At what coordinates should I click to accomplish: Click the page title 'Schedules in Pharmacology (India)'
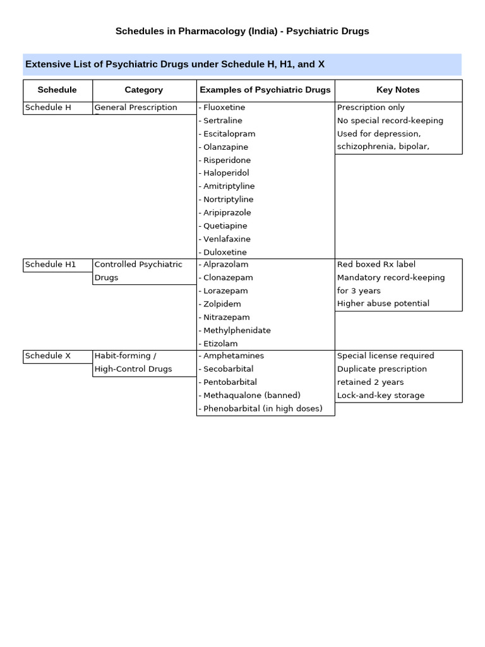242,31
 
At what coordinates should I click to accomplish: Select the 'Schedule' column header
57,90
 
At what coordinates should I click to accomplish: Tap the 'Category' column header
144,90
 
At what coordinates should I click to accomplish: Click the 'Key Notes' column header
398,90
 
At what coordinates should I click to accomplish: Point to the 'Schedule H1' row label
51,265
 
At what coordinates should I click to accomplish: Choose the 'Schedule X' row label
48,356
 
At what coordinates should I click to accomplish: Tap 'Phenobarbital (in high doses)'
261,409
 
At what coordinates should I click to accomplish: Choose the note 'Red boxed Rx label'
376,265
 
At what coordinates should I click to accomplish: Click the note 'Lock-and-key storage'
381,396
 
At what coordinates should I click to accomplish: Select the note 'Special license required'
385,356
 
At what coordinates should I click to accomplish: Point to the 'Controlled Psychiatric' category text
138,265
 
